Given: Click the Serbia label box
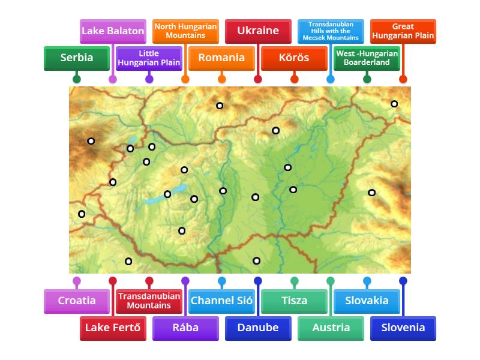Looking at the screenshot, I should coord(77,58).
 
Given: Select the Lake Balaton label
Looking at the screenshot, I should coord(113,31).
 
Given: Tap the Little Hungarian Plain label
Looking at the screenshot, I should coord(149,58).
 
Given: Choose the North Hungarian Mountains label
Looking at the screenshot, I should coord(185,31).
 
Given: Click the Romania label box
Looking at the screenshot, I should coord(221,58).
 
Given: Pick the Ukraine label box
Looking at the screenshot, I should coord(258,31).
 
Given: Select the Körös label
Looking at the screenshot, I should coord(294,58).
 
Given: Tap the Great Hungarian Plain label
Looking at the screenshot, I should coord(403,31).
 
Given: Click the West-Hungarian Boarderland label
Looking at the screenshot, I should coord(367,58).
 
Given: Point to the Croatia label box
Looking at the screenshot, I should coord(77,301).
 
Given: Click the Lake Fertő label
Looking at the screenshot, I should coord(113,328).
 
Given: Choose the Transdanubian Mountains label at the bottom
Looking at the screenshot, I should coord(149,301).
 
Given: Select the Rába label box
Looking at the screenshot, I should coord(185,328).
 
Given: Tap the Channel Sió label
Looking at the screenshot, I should coord(221,301).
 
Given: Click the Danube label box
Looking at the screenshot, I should coord(258,328).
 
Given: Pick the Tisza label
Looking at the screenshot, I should coord(294,301).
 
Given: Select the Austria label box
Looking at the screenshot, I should coord(331,328).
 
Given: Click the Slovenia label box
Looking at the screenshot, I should coord(403,328).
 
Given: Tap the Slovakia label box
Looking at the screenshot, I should coord(367,301).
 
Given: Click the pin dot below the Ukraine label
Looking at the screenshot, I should coord(258,79).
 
